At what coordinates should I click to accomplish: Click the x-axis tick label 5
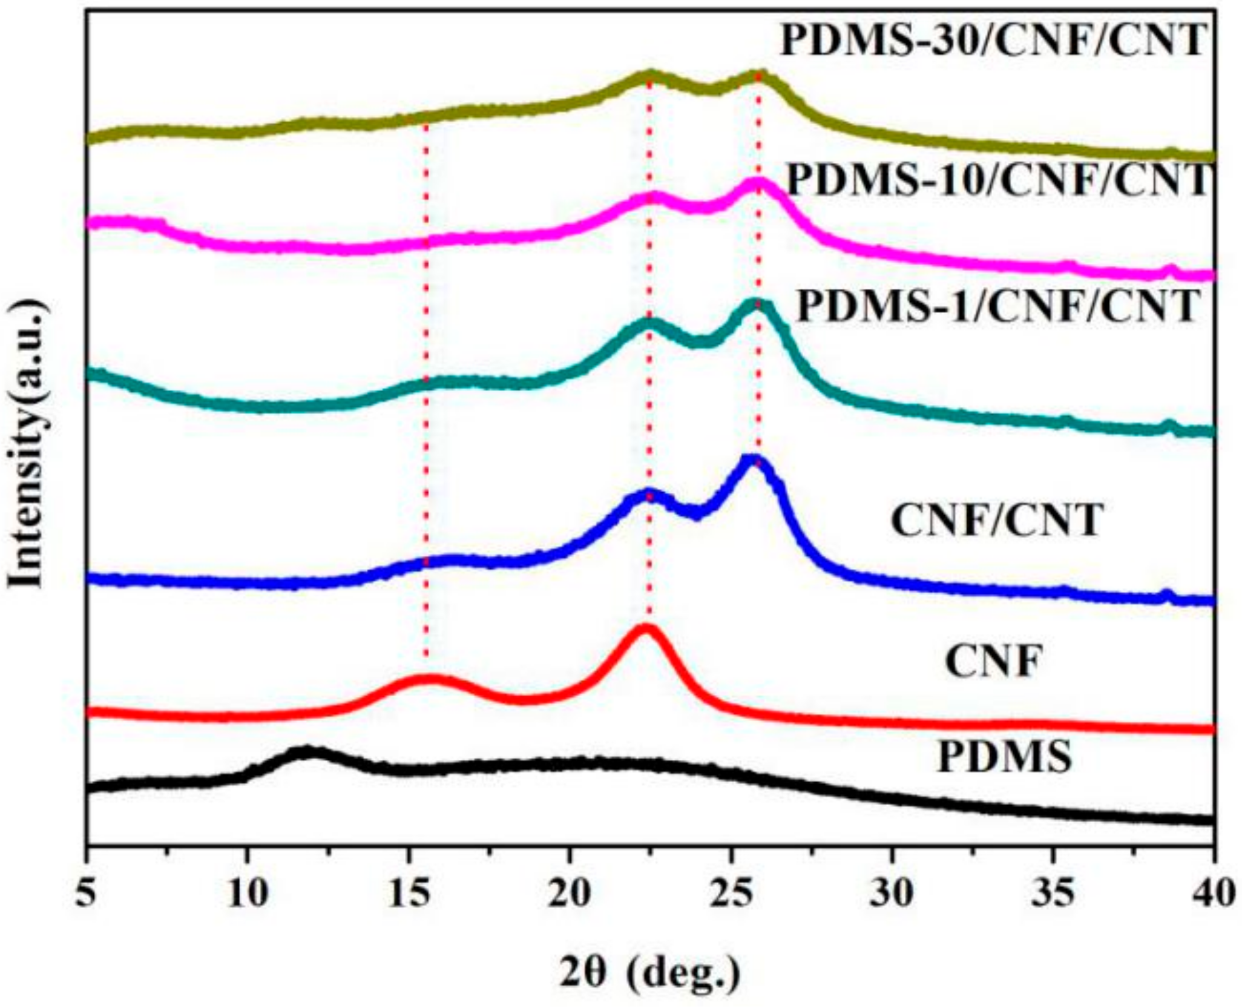(88, 893)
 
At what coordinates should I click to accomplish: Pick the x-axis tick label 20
(569, 893)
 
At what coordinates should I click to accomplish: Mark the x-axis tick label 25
(731, 893)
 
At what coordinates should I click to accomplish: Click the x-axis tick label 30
(892, 893)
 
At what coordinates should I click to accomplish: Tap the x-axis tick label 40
(1212, 893)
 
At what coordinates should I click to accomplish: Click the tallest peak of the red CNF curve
(646, 630)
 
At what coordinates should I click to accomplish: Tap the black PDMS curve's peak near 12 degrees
(306, 753)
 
